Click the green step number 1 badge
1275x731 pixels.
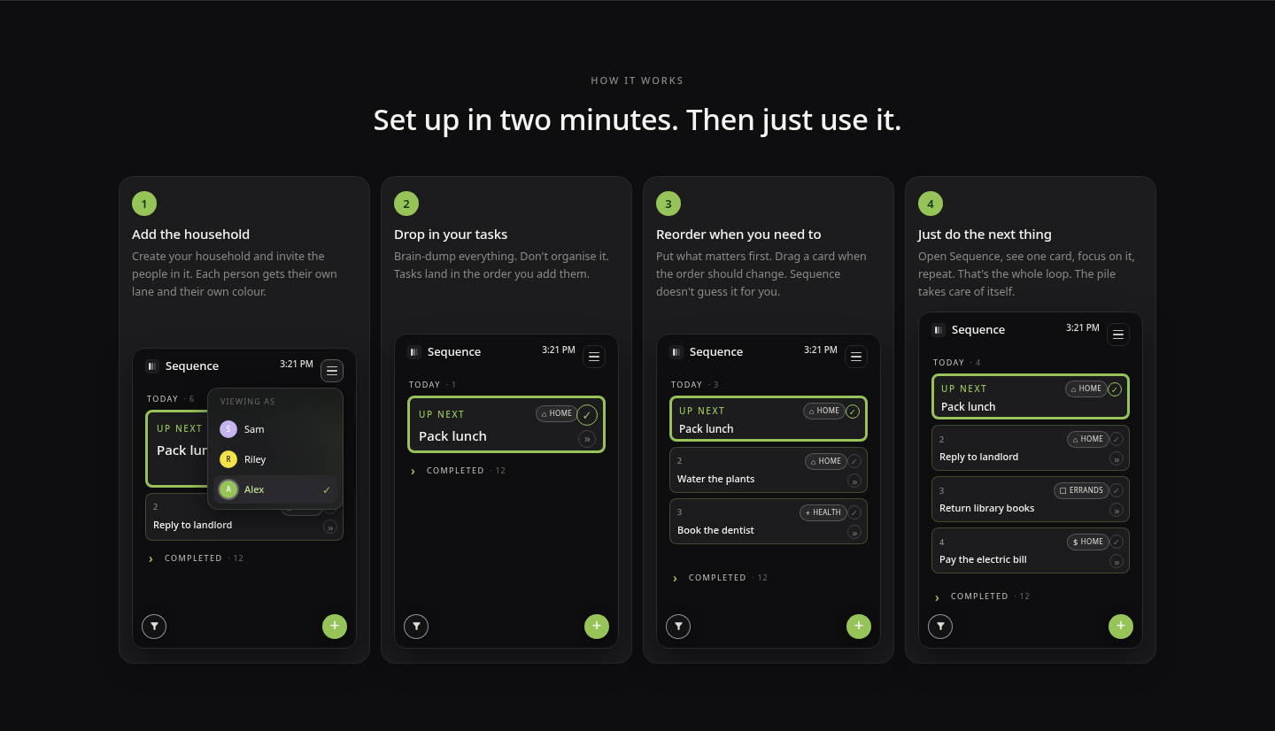pyautogui.click(x=144, y=204)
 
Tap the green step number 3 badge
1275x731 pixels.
pyautogui.click(x=668, y=204)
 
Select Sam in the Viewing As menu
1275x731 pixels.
pyautogui.click(x=254, y=429)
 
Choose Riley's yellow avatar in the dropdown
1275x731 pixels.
pyautogui.click(x=228, y=459)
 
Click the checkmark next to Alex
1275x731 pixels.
pyautogui.click(x=326, y=489)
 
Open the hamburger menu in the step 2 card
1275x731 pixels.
pyautogui.click(x=593, y=357)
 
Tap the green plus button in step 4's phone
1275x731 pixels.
pyautogui.click(x=1120, y=627)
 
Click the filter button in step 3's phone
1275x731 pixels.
pyautogui.click(x=678, y=627)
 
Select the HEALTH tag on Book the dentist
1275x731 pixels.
pyautogui.click(x=823, y=512)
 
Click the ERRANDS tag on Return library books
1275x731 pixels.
pyautogui.click(x=1081, y=490)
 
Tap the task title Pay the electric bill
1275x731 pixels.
pyautogui.click(x=983, y=560)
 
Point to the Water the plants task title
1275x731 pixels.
pyautogui.click(x=715, y=479)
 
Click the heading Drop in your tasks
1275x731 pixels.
pyautogui.click(x=450, y=235)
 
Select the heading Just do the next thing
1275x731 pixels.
pyautogui.click(x=985, y=235)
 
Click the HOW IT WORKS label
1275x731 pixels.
pyautogui.click(x=637, y=81)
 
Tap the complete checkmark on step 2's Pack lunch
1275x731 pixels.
pyautogui.click(x=587, y=415)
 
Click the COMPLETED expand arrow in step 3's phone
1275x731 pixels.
pyautogui.click(x=675, y=579)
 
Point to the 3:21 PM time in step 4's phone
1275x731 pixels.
pyautogui.click(x=1083, y=327)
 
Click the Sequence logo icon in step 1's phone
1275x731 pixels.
pyautogui.click(x=152, y=365)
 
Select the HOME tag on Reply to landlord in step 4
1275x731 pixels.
pyautogui.click(x=1087, y=439)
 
